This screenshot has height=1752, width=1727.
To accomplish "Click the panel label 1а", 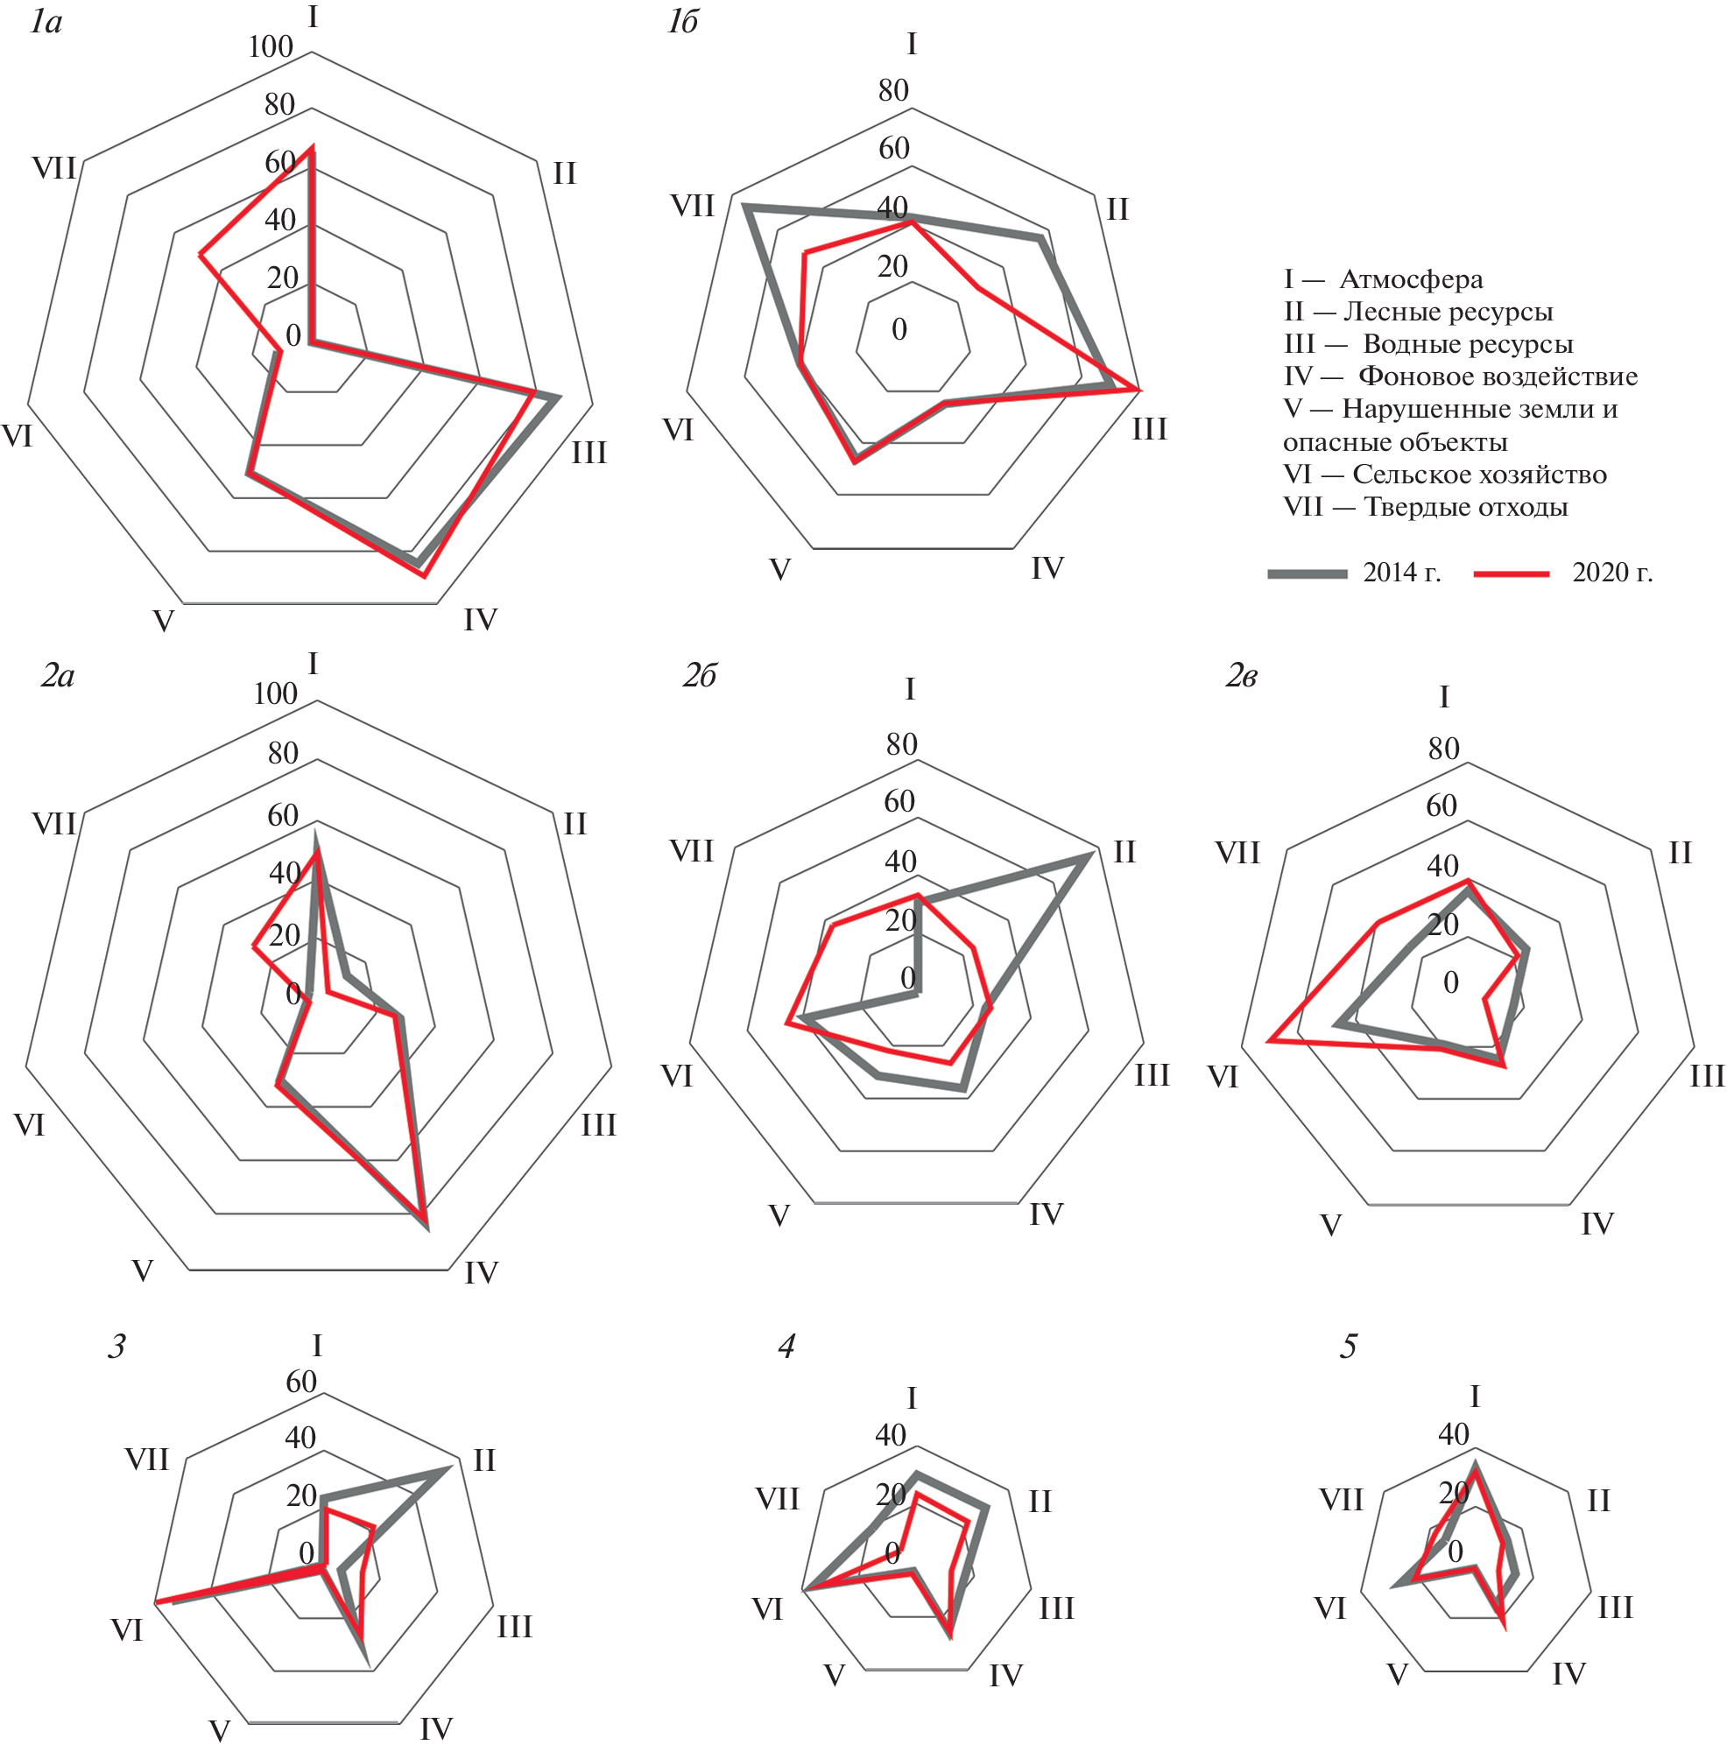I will pos(46,22).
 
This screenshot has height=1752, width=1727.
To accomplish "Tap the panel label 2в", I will pos(1242,677).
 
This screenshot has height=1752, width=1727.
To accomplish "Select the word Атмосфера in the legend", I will pos(1412,279).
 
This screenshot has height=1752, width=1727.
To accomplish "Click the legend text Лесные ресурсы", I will pos(1448,312).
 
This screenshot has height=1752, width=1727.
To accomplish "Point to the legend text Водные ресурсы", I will pos(1468,345).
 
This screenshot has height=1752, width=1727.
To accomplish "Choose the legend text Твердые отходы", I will pos(1466,507).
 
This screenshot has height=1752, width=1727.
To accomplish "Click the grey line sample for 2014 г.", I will pos(1307,573).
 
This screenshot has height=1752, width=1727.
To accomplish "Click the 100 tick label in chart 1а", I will pos(271,47).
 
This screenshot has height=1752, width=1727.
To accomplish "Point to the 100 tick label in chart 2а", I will pos(275,693).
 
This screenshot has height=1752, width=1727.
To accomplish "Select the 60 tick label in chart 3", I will pos(301,1382).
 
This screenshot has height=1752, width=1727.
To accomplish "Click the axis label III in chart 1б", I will pos(1149,430).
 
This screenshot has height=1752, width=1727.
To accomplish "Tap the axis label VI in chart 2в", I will pos(1223,1077).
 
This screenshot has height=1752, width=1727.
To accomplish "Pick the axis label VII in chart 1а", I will pos(54,169).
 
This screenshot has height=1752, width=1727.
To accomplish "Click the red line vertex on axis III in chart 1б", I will pos(1138,390).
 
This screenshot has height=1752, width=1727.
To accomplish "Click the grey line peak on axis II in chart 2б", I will pos(1087,858).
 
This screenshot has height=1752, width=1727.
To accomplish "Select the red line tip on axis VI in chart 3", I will pos(157,1602).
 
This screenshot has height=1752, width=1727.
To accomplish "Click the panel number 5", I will pos(1349,1347).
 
